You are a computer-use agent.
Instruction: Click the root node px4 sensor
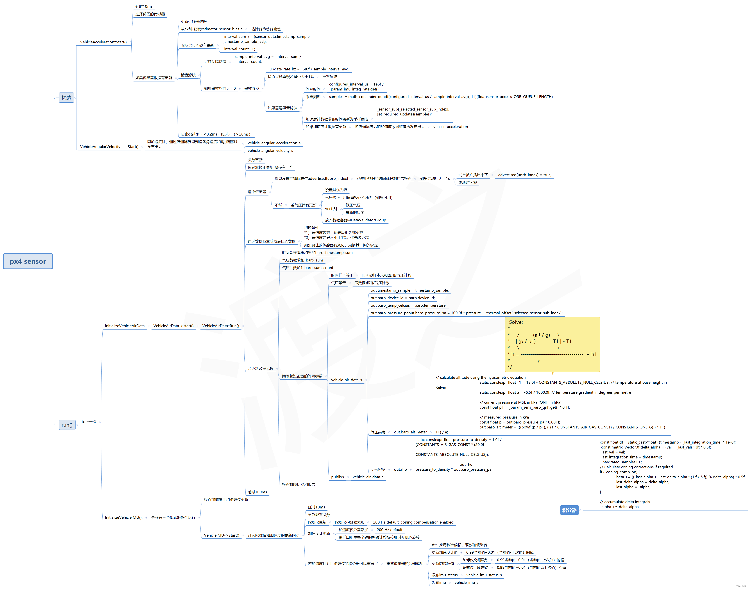tap(28, 261)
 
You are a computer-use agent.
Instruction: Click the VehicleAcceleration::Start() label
tap(103, 42)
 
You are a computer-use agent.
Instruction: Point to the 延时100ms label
tap(257, 492)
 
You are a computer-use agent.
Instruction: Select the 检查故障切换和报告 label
tap(298, 485)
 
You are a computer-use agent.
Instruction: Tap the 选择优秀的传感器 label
tap(150, 14)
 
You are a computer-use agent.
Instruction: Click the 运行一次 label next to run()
tap(89, 422)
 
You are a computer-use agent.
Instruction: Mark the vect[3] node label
tap(331, 209)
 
